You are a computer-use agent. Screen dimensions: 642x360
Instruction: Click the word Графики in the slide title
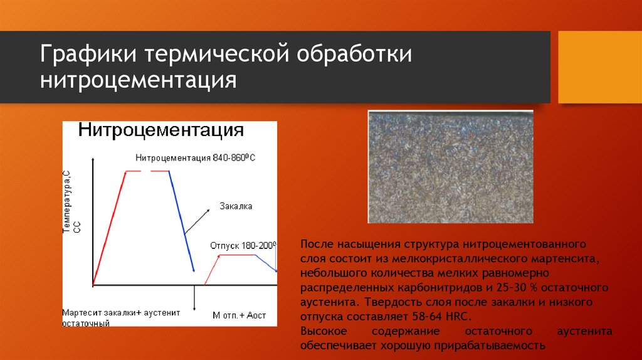click(88, 55)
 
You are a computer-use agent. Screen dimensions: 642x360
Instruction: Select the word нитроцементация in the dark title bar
click(139, 80)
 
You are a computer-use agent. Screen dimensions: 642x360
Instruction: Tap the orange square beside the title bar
click(600, 67)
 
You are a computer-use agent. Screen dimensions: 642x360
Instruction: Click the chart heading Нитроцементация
click(161, 130)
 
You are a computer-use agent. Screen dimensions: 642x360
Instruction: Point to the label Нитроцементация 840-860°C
click(196, 158)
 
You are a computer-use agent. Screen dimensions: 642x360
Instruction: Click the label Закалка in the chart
click(236, 206)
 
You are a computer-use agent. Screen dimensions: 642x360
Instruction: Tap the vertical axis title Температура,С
click(66, 202)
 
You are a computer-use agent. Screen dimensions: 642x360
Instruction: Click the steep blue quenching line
click(181, 221)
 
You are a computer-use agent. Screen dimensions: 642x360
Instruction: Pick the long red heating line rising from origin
click(109, 228)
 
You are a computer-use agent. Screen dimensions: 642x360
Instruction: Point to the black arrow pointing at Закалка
click(197, 221)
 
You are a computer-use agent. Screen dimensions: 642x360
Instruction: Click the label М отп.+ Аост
click(239, 315)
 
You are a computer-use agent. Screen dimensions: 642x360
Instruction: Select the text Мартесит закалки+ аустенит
click(121, 313)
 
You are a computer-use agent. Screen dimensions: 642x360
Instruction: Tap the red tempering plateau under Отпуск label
click(237, 255)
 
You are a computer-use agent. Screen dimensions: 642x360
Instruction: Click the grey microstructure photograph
click(450, 167)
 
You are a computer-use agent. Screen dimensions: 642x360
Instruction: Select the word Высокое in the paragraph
click(324, 331)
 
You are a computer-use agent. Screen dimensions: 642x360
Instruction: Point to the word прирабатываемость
click(490, 346)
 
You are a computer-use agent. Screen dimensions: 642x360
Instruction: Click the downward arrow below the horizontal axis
click(194, 298)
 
